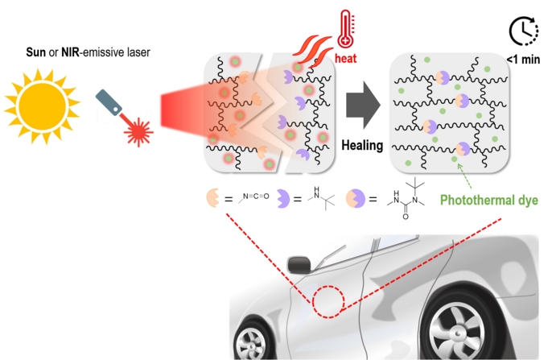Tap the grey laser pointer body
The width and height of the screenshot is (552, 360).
pyautogui.click(x=109, y=102)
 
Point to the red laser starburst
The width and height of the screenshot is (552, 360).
pyautogui.click(x=138, y=132)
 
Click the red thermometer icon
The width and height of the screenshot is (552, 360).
pyautogui.click(x=346, y=29)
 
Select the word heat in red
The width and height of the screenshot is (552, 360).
pyautogui.click(x=346, y=58)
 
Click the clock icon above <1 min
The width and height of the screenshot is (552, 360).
pyautogui.click(x=524, y=31)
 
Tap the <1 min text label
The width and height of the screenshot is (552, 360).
pyautogui.click(x=523, y=60)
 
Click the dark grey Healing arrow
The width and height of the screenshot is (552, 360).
pyautogui.click(x=363, y=105)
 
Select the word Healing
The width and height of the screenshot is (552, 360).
pyautogui.click(x=362, y=145)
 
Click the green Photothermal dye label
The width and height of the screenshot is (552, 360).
pyautogui.click(x=489, y=200)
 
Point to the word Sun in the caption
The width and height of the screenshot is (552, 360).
pyautogui.click(x=36, y=52)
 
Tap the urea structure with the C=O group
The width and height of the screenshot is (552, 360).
pyautogui.click(x=406, y=198)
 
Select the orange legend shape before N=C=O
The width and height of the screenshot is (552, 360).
pyautogui.click(x=212, y=198)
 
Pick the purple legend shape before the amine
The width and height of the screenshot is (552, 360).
pyautogui.click(x=282, y=199)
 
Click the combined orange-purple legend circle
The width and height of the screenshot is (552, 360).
pyautogui.click(x=355, y=198)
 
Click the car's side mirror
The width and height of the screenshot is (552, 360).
pyautogui.click(x=299, y=265)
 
